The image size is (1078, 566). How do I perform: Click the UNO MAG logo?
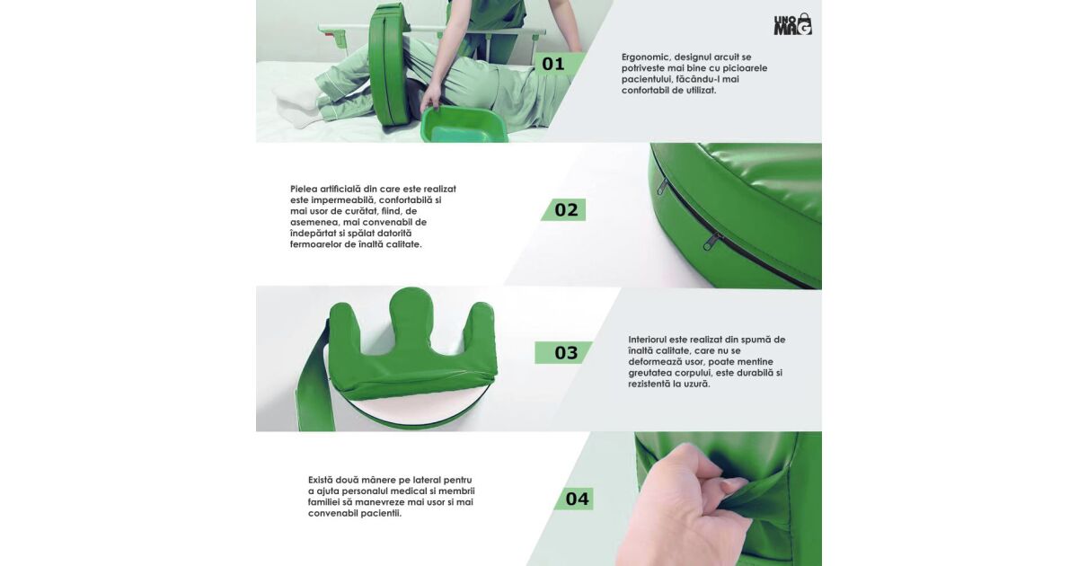(x=792, y=24)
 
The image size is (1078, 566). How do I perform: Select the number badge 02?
(x=563, y=210)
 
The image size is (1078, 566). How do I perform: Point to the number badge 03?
(x=563, y=353)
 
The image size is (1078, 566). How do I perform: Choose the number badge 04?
(x=574, y=499)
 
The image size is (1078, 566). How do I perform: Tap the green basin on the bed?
(x=464, y=125)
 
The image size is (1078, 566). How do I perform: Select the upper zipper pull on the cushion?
(x=663, y=185)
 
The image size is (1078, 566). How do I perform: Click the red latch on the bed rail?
(x=331, y=33)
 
